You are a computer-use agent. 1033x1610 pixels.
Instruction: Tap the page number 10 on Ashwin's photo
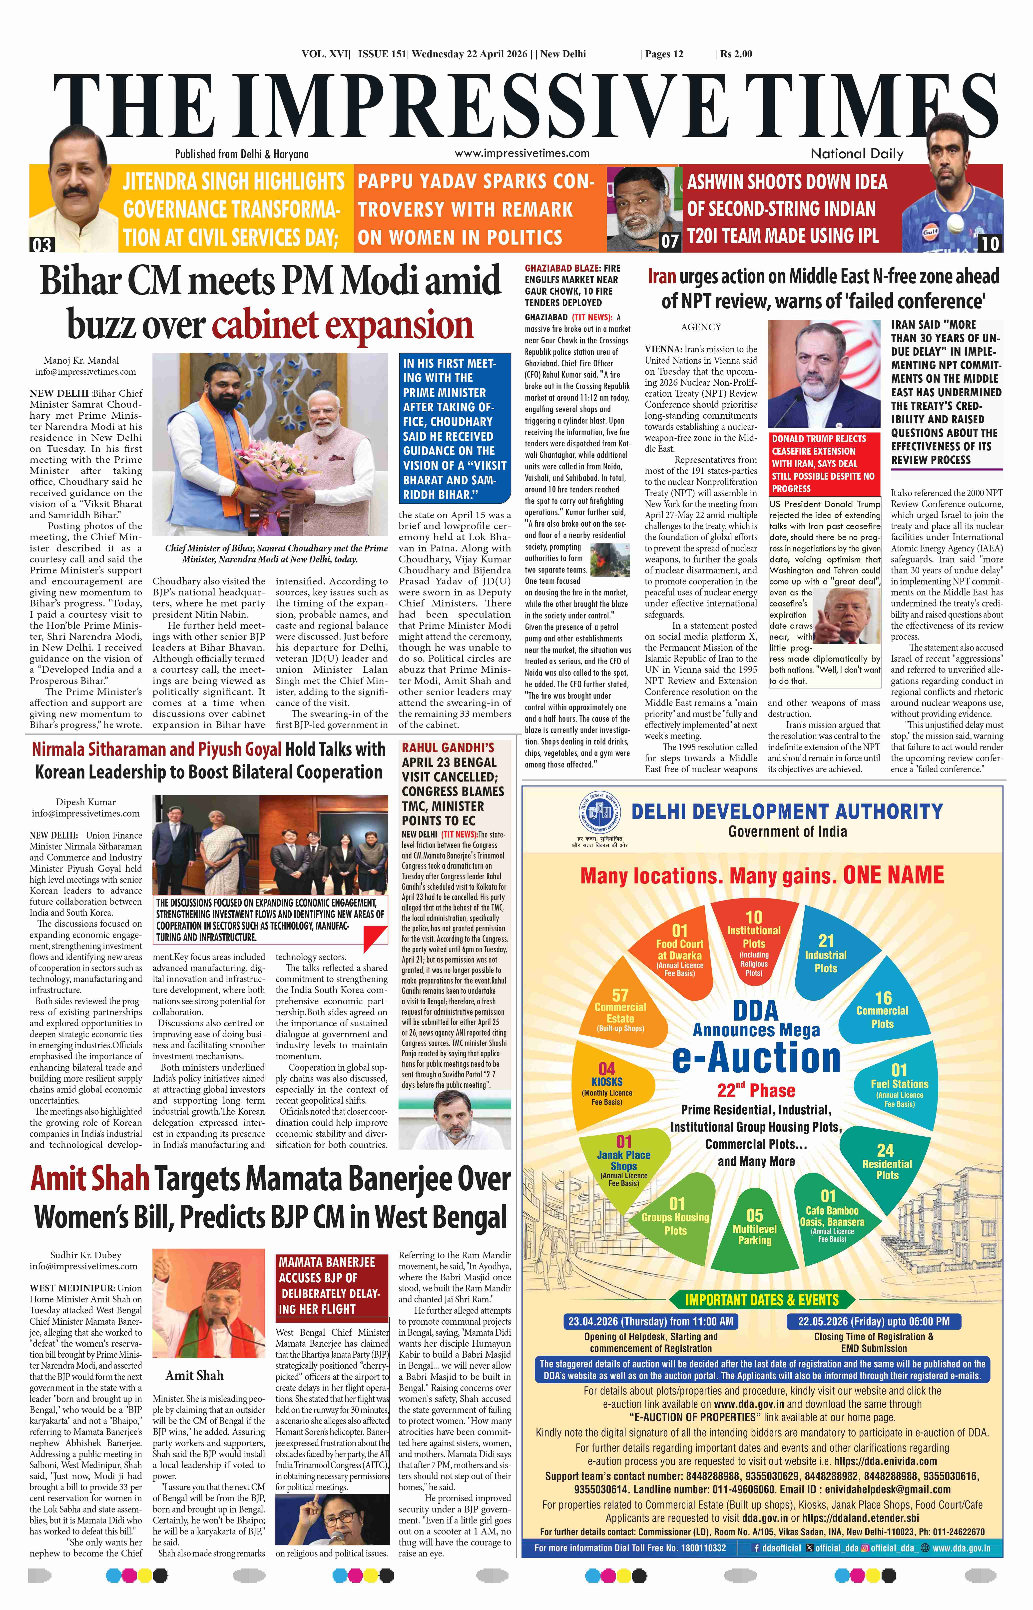click(x=990, y=243)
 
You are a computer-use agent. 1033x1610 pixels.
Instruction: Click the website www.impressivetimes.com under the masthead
click(x=522, y=153)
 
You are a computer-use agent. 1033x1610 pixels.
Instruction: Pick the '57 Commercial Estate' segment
click(x=620, y=1010)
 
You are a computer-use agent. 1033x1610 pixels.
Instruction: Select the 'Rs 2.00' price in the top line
click(x=736, y=54)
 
